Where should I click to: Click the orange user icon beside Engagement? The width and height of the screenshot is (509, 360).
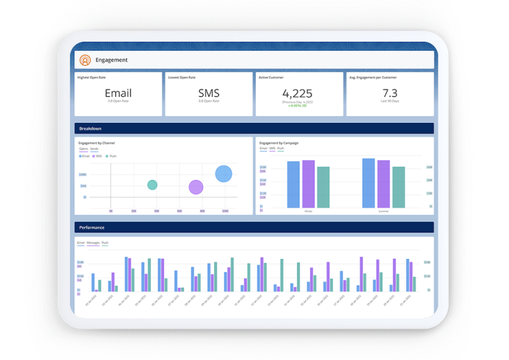85,60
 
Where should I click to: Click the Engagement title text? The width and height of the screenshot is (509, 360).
111,60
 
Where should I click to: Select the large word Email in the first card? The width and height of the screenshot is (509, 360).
118,94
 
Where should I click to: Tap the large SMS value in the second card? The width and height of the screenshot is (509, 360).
208,94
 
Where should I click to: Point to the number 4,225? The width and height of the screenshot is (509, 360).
299,93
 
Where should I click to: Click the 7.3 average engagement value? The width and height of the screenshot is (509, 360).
390,93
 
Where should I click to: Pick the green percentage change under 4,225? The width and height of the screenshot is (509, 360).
298,106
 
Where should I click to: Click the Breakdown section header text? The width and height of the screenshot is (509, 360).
90,128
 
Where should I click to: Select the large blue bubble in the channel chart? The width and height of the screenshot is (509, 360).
224,174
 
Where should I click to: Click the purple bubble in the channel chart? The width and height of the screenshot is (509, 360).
196,187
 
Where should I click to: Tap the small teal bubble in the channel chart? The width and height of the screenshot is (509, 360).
152,185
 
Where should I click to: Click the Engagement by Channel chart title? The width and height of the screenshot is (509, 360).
97,143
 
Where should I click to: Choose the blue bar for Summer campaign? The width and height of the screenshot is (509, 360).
368,183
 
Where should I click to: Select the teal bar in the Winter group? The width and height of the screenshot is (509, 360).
323,187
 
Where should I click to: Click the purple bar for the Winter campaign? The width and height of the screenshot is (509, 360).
308,183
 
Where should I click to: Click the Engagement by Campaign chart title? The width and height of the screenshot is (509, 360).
279,143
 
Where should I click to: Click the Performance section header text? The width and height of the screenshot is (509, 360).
92,227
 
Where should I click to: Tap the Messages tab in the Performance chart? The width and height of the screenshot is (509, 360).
93,243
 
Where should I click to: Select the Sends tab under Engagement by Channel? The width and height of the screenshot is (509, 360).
94,149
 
